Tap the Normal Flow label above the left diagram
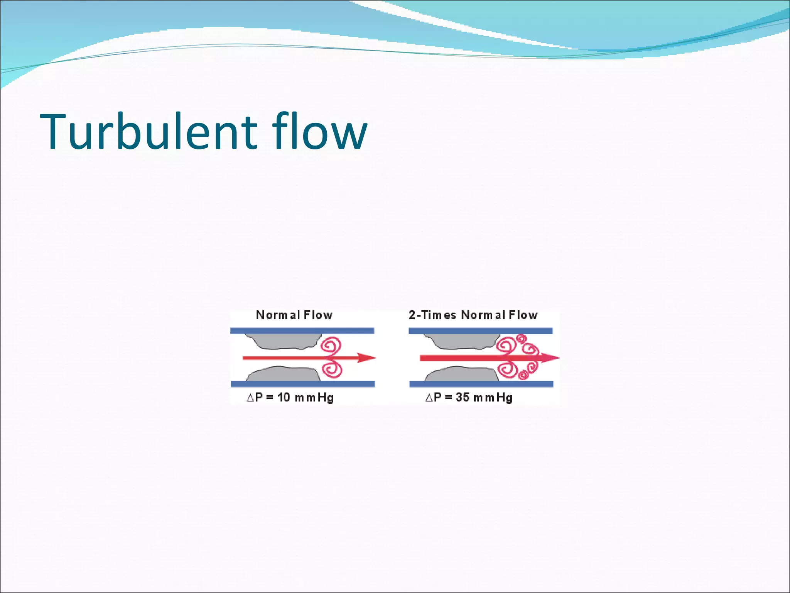(x=294, y=315)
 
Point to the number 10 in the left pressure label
(x=284, y=397)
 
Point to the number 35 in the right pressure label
(x=462, y=397)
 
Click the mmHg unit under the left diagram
(x=314, y=397)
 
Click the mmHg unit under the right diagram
(x=493, y=397)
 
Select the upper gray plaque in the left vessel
(x=284, y=341)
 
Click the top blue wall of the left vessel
(x=302, y=331)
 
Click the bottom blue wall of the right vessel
(x=481, y=384)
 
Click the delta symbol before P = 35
(x=429, y=398)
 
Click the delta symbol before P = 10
(x=250, y=398)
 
